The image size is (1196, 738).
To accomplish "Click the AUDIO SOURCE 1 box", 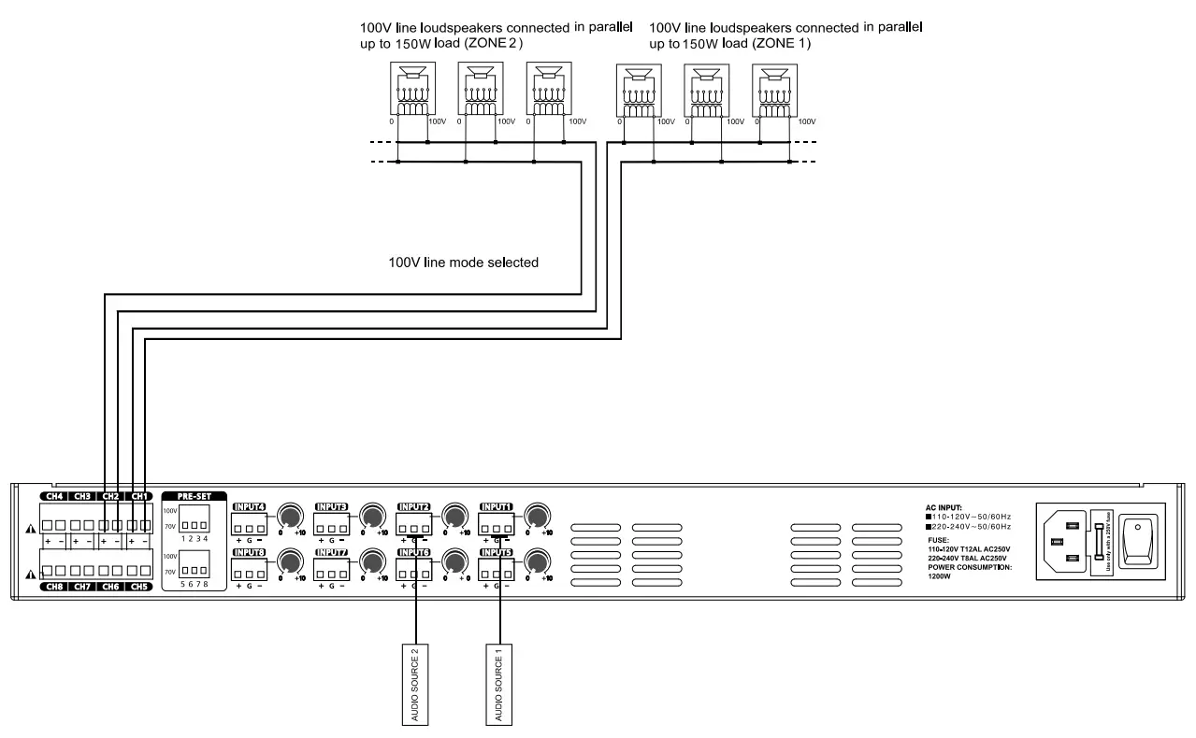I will (499, 683).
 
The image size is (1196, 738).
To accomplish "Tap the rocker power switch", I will (1138, 539).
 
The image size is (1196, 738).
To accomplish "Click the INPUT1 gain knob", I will (537, 515).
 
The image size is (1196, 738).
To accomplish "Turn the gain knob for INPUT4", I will (290, 515).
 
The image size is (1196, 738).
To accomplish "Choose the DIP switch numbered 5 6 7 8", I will (193, 562).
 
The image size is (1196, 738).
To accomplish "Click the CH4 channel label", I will (53, 496).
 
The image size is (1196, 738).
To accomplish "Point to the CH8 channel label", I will (53, 586).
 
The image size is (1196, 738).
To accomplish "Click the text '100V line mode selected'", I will (463, 263).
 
